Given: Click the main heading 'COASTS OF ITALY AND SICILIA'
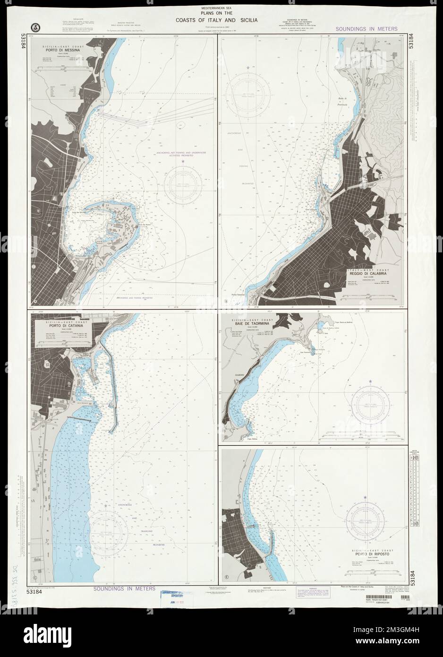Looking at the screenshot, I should [x=221, y=20].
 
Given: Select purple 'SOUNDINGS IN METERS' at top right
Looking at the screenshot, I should [x=366, y=29].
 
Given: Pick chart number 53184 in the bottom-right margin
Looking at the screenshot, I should [x=416, y=579].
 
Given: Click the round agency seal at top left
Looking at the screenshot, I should [x=34, y=26].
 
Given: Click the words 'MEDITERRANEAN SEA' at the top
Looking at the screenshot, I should [x=221, y=8].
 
